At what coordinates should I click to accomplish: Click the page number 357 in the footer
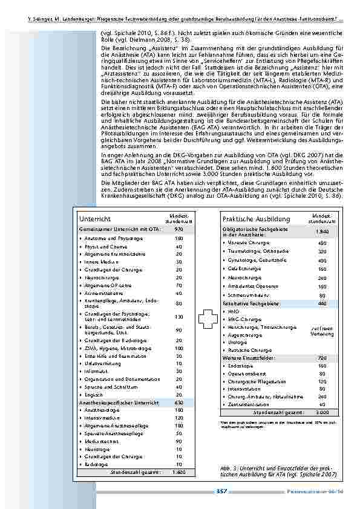(221, 491)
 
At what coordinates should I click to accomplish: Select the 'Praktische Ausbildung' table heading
(247, 218)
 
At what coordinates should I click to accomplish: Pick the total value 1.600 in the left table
(178, 472)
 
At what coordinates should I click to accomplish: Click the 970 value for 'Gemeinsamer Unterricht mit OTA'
(178, 230)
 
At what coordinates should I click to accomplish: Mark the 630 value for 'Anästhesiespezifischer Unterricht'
(178, 402)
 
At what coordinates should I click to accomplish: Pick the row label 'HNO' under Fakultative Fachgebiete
(234, 311)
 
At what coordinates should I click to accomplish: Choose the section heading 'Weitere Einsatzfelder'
(248, 358)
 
